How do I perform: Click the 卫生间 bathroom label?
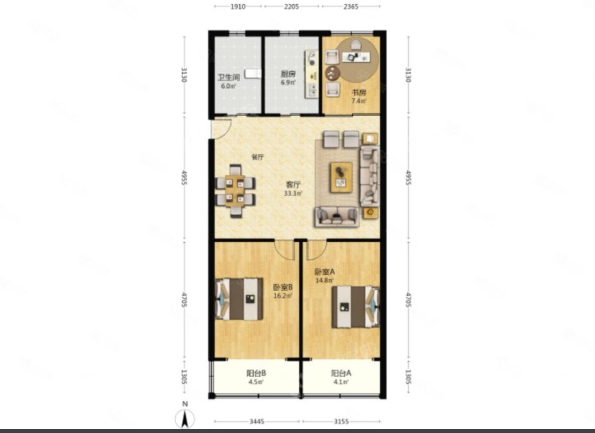(229, 77)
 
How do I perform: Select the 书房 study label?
(359, 93)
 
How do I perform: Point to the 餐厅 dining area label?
(257, 157)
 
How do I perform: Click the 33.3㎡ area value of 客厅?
(293, 193)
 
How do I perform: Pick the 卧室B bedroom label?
(283, 287)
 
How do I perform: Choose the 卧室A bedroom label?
(324, 272)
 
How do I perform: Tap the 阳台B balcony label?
(256, 373)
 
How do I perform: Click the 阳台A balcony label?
(341, 373)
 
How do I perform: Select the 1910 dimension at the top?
(238, 7)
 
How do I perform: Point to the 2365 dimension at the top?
(351, 7)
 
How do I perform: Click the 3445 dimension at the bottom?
(256, 421)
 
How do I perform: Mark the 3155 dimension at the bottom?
(341, 421)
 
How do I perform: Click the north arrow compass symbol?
(185, 416)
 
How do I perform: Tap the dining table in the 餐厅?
(235, 191)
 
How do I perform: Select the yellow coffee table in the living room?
(341, 177)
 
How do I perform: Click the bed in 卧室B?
(239, 299)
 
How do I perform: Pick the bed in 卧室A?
(356, 307)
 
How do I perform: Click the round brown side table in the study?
(332, 73)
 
